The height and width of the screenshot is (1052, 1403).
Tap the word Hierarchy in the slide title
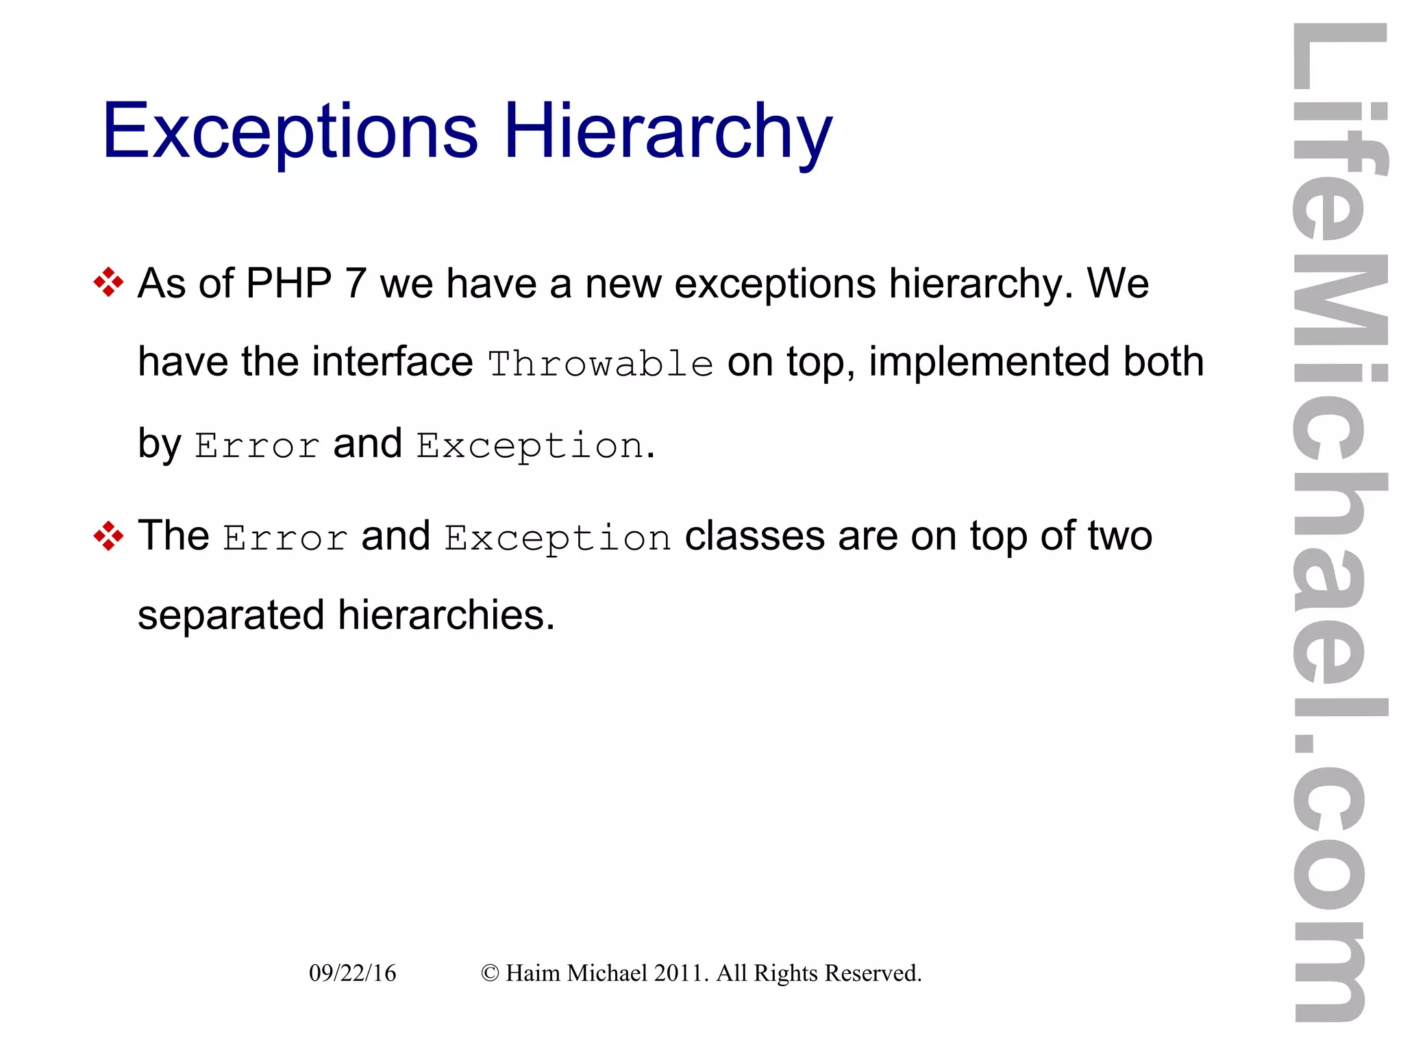tap(668, 132)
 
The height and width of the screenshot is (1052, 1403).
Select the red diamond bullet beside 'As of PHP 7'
tap(108, 282)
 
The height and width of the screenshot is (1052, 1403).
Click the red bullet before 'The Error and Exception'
tap(108, 535)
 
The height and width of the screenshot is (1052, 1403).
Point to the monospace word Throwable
tap(600, 363)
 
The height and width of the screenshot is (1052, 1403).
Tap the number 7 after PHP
tap(356, 283)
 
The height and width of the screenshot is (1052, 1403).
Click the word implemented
tap(989, 361)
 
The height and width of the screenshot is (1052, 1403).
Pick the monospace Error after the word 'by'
tap(257, 445)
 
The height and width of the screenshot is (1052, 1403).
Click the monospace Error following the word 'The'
tap(285, 537)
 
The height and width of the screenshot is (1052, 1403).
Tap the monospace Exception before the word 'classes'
tap(558, 537)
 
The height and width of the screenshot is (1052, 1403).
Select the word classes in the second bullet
tap(754, 536)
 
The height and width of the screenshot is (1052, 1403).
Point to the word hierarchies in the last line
tap(445, 615)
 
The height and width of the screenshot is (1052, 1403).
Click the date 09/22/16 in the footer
tap(352, 973)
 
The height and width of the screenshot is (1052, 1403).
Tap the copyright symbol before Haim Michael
tap(490, 973)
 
